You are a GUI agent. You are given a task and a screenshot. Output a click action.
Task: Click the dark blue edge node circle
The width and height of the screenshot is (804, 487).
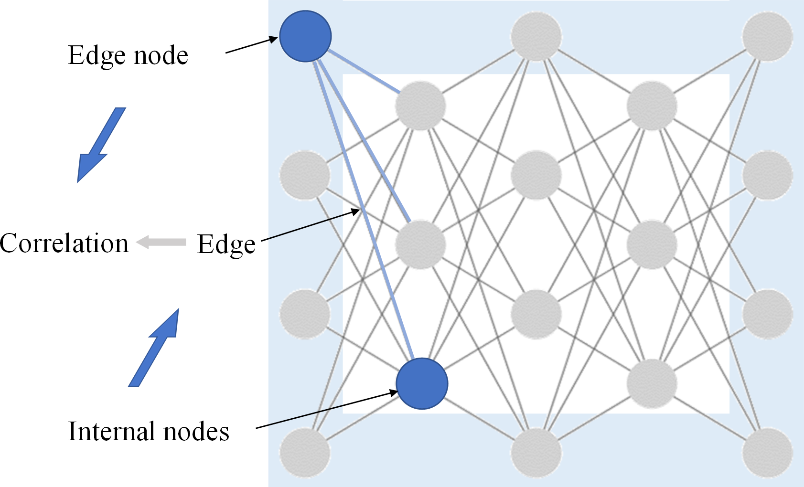pyautogui.click(x=305, y=36)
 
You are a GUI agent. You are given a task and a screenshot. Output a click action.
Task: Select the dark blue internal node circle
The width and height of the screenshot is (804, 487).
pyautogui.click(x=422, y=383)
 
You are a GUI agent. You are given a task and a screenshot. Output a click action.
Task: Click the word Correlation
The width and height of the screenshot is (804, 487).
pyautogui.click(x=64, y=243)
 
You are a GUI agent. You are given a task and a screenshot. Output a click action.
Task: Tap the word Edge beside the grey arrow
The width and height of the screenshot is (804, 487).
pyautogui.click(x=226, y=244)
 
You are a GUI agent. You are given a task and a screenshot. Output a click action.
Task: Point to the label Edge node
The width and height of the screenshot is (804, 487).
pyautogui.click(x=128, y=55)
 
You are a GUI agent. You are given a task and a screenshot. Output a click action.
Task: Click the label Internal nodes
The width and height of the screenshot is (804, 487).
pyautogui.click(x=149, y=431)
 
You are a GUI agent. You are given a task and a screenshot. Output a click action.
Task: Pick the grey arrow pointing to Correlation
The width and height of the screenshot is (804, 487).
pyautogui.click(x=161, y=242)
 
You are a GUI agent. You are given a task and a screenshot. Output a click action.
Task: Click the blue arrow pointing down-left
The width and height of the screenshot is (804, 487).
pyautogui.click(x=101, y=145)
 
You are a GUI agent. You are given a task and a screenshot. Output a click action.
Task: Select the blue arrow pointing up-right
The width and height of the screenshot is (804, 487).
pyautogui.click(x=154, y=348)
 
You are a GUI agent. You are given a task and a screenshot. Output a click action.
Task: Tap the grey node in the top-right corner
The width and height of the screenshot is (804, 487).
pyautogui.click(x=767, y=37)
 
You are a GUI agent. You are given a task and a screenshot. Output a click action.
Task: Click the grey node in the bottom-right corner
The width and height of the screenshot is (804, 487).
pyautogui.click(x=767, y=452)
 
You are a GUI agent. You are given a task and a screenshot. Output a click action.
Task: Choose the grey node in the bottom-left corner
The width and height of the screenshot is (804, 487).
pyautogui.click(x=305, y=452)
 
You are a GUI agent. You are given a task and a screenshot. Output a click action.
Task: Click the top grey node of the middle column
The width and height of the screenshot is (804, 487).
pyautogui.click(x=536, y=37)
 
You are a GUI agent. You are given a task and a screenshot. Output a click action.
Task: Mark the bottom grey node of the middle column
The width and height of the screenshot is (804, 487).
pyautogui.click(x=536, y=452)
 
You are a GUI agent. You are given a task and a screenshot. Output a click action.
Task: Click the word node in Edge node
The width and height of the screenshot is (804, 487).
pyautogui.click(x=161, y=55)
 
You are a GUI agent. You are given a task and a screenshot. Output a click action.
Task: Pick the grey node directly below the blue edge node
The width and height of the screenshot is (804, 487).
pyautogui.click(x=305, y=175)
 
